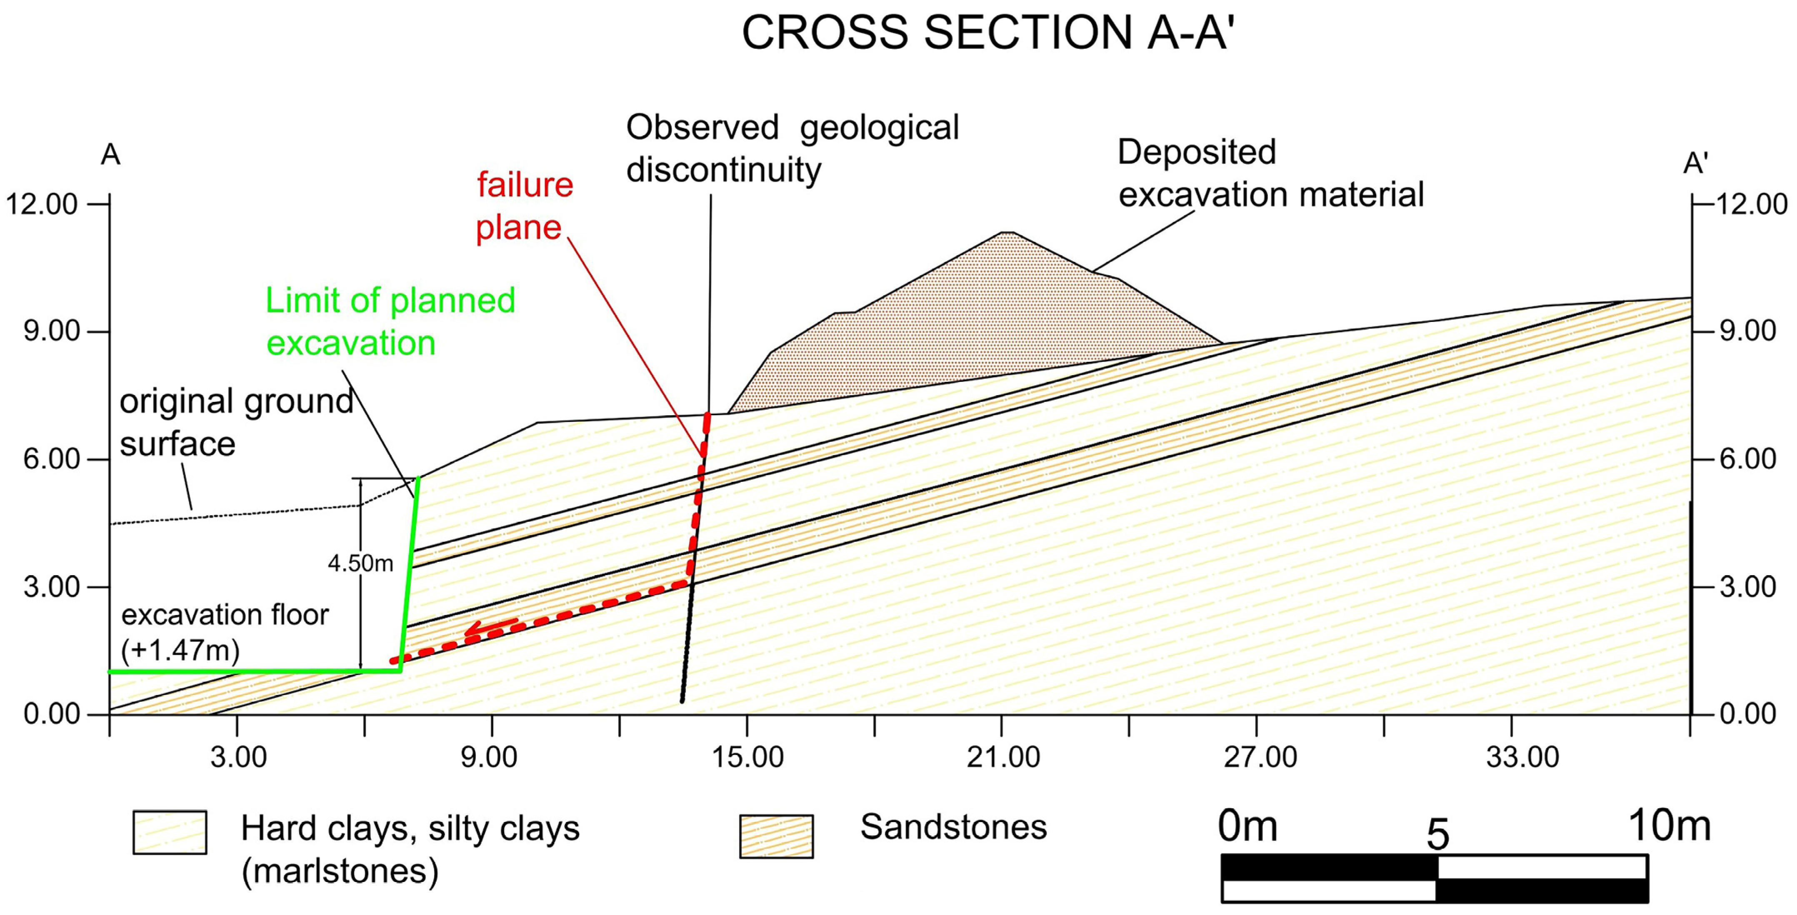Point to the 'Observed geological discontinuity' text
pyautogui.click(x=792, y=149)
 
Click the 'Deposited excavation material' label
pyautogui.click(x=1270, y=173)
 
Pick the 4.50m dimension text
pyautogui.click(x=361, y=563)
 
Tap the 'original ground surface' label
pyautogui.click(x=236, y=423)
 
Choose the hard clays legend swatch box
pyautogui.click(x=170, y=832)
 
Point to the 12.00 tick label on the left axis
pyautogui.click(x=41, y=204)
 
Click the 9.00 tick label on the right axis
pyautogui.click(x=1747, y=331)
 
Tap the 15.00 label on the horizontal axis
pyautogui.click(x=747, y=757)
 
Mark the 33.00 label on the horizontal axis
pyautogui.click(x=1522, y=757)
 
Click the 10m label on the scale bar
pyautogui.click(x=1669, y=826)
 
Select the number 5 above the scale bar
pyautogui.click(x=1437, y=834)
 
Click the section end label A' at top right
pyautogui.click(x=1695, y=163)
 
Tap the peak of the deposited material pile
pyautogui.click(x=1007, y=234)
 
